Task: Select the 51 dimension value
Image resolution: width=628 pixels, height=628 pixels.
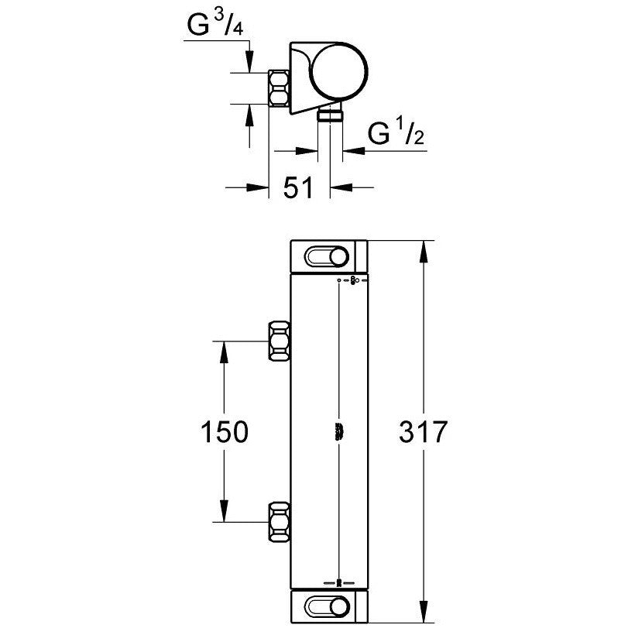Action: pos(297,187)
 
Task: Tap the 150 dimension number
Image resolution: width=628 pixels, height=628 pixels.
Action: pos(223,432)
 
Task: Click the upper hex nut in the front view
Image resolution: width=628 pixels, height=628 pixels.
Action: pos(280,341)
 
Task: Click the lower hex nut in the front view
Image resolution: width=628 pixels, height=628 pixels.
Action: pos(280,522)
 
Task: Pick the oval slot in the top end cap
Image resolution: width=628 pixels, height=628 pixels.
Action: pos(328,257)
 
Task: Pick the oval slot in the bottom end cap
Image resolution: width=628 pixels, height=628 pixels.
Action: pos(328,606)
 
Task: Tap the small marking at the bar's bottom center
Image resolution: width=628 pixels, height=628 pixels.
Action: pos(339,581)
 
